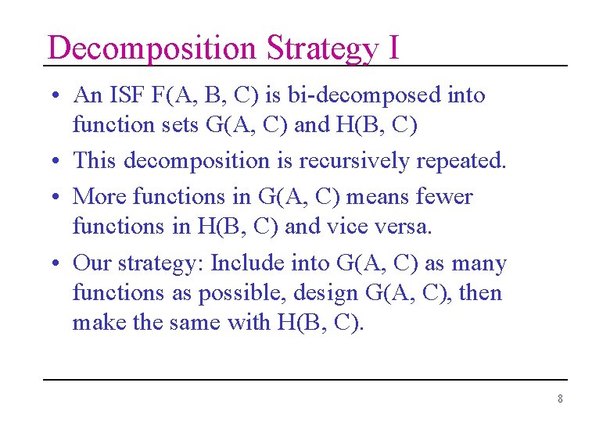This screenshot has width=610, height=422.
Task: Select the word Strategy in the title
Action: pyautogui.click(x=321, y=48)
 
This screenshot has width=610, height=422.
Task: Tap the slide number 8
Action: pyautogui.click(x=560, y=399)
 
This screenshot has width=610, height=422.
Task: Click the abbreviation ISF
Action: pyautogui.click(x=125, y=95)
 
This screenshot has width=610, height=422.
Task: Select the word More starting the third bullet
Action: pyautogui.click(x=98, y=196)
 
